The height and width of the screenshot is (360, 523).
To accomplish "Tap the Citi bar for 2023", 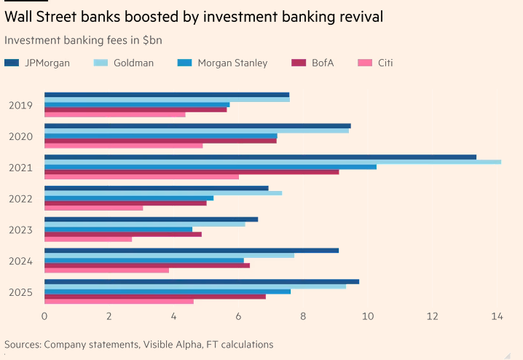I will coord(88,239).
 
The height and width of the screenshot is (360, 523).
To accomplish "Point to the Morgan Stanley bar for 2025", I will coord(168,291).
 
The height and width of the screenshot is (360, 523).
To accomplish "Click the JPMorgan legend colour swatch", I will coord(12,63).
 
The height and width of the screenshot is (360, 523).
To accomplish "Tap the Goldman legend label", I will coord(134,63).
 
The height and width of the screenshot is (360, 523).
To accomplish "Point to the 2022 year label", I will coord(20,199).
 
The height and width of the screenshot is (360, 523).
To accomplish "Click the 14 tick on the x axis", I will coord(498,316).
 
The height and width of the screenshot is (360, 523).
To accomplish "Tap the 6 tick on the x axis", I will coord(239,316).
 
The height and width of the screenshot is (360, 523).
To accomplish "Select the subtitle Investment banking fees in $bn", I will coord(83,40).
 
